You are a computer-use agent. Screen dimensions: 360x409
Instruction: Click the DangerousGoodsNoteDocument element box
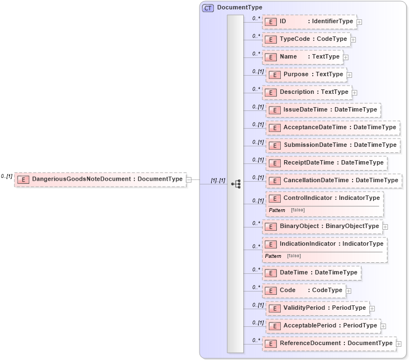pos(99,179)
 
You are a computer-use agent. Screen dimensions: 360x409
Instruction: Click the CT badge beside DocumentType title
pos(208,8)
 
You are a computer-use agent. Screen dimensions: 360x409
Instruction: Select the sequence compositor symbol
pos(235,183)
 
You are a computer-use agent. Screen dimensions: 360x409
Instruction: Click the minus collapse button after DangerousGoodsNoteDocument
pos(189,179)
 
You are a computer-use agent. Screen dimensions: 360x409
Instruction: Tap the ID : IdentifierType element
pos(310,22)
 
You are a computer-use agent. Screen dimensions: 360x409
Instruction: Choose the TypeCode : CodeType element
pos(306,39)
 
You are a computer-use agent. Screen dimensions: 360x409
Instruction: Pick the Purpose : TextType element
pos(306,75)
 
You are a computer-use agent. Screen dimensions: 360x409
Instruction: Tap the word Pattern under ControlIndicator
pos(277,210)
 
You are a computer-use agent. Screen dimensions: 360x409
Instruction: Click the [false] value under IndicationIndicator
pos(294,256)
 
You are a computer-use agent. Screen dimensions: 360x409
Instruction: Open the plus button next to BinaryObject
pos(385,226)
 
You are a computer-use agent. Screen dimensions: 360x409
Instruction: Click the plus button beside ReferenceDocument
pos(398,343)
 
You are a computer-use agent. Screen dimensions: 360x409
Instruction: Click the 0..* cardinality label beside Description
pos(256,89)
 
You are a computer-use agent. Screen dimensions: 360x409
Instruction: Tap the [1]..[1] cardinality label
pos(217,181)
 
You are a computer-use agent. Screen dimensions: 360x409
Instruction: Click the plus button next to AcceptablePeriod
pos(384,326)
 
